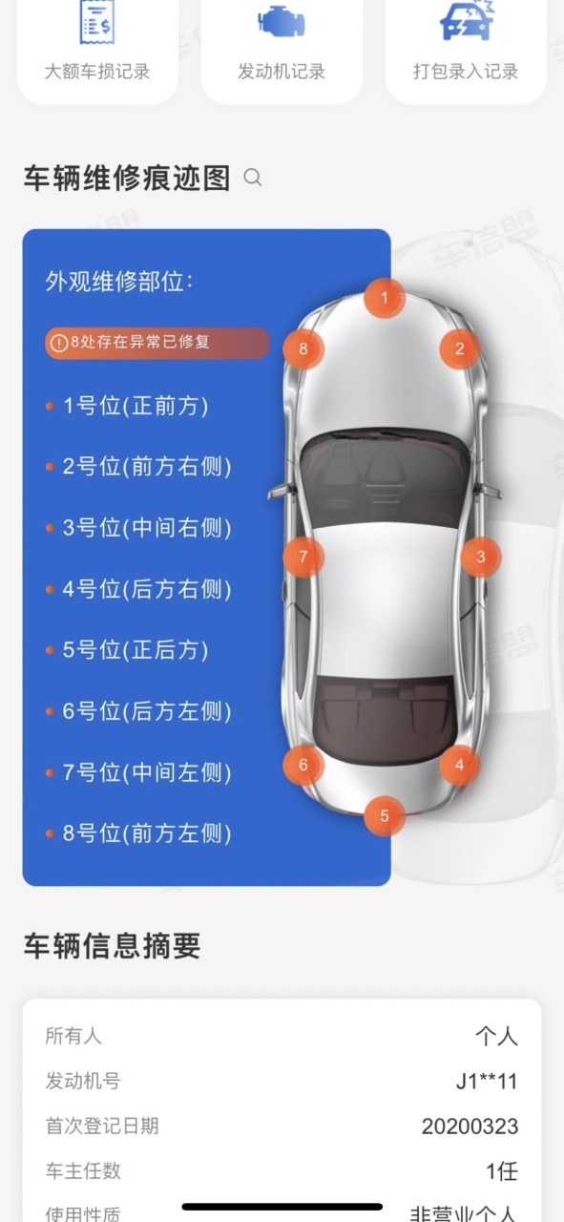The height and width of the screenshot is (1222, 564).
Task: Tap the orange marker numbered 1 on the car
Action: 385,298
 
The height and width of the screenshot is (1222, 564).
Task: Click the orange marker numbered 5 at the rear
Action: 385,815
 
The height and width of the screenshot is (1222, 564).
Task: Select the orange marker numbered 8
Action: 303,348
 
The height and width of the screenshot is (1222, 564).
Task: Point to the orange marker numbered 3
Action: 481,557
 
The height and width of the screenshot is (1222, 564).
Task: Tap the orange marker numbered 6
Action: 303,765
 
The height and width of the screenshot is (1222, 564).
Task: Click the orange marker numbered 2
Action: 460,348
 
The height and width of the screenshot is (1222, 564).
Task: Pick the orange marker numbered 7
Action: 303,557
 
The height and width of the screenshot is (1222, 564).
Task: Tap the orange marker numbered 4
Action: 460,765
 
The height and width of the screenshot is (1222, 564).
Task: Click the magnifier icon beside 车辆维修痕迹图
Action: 253,178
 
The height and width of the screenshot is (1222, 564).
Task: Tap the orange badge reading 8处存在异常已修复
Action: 157,343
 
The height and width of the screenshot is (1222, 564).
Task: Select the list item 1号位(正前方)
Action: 136,406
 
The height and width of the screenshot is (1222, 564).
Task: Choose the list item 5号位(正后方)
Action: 136,650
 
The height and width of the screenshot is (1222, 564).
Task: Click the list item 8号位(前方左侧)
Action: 147,833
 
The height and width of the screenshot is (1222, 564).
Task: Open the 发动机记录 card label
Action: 282,72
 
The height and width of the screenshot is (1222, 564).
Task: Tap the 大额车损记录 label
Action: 97,72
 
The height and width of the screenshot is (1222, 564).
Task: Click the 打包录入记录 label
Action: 466,72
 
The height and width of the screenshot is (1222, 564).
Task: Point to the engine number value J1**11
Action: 487,1081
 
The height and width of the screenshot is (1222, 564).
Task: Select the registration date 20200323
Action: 470,1126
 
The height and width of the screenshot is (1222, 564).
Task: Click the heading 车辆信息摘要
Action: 113,945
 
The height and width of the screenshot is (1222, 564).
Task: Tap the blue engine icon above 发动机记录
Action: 282,22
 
